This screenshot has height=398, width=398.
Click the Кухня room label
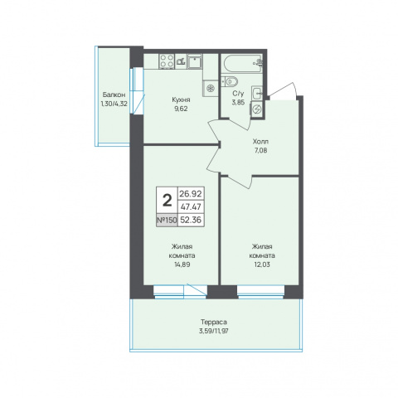tap(181, 99)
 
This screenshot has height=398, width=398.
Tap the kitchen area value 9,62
tap(181, 109)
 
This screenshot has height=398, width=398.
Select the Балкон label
tap(114, 95)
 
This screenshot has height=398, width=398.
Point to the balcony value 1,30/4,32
tap(114, 104)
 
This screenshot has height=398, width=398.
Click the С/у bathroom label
tap(238, 94)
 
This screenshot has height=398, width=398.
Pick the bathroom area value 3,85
tap(238, 102)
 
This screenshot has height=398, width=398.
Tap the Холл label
tap(260, 142)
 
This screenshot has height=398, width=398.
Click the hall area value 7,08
tap(260, 151)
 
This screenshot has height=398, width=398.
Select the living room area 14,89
tap(182, 265)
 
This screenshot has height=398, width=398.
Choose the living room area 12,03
tap(262, 265)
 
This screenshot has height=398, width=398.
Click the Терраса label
tap(214, 322)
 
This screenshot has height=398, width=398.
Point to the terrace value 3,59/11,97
tap(214, 331)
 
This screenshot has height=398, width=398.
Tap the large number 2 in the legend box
tap(167, 201)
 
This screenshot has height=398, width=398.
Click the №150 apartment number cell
tap(167, 220)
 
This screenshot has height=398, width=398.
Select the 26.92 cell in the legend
tap(191, 193)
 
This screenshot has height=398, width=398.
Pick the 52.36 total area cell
tap(191, 220)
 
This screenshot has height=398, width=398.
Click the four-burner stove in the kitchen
tap(167, 61)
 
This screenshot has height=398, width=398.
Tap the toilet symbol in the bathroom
tap(230, 81)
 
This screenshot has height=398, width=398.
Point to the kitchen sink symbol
tap(195, 61)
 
